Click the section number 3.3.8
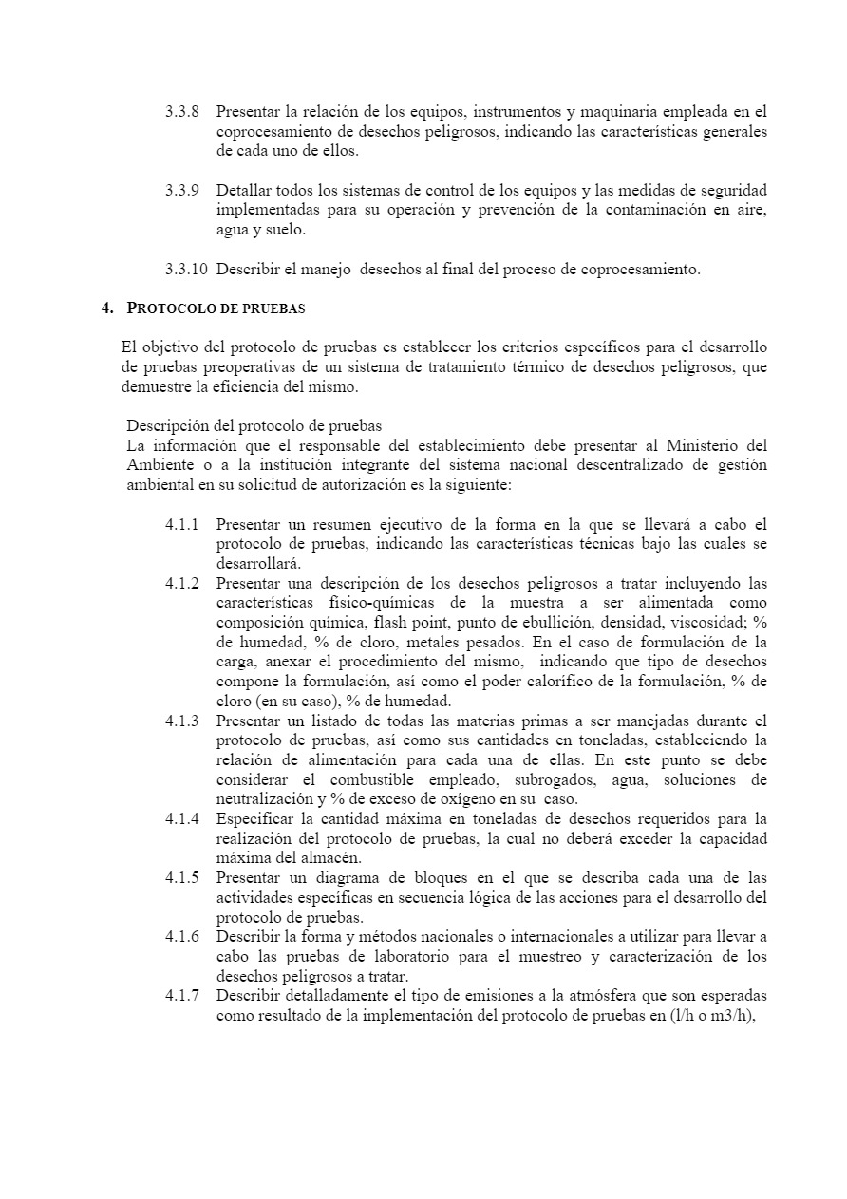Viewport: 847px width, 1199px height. pyautogui.click(x=181, y=111)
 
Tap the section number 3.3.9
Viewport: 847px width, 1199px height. pyautogui.click(x=181, y=190)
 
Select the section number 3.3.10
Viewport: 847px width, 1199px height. pyautogui.click(x=185, y=269)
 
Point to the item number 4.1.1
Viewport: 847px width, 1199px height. pyautogui.click(x=181, y=524)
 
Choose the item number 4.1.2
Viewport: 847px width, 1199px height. pyautogui.click(x=181, y=583)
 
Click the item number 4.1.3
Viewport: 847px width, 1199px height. pyautogui.click(x=181, y=721)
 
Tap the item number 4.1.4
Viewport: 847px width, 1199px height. pyautogui.click(x=181, y=818)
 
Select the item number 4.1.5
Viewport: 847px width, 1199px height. pyautogui.click(x=181, y=877)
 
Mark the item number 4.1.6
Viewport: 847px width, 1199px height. pyautogui.click(x=181, y=936)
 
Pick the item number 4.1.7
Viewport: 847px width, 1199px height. pyautogui.click(x=181, y=995)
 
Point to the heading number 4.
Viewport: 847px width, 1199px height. pyautogui.click(x=106, y=309)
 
